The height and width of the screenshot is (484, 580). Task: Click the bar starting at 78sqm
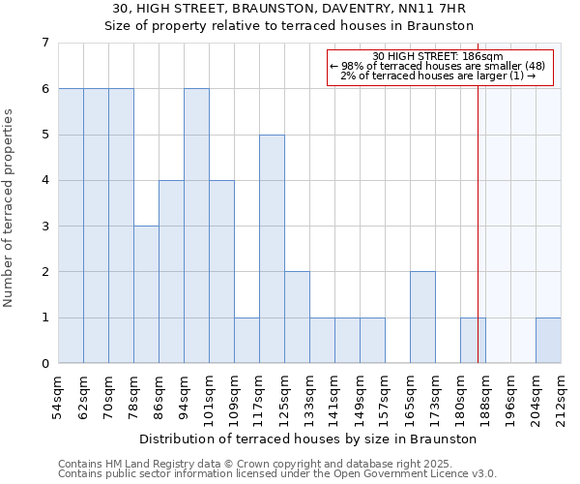[x=146, y=295]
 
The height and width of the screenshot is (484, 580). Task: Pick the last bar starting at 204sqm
[x=548, y=341]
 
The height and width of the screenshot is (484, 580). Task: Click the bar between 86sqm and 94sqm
[x=171, y=272]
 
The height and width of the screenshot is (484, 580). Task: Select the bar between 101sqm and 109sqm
[x=221, y=272]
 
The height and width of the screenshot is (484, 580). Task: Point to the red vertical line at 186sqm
[x=478, y=213]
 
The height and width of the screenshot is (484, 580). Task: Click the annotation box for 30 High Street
[x=440, y=68]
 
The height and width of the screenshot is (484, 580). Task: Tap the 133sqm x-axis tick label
[x=309, y=397]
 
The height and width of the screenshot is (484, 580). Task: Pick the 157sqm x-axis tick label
[x=385, y=397]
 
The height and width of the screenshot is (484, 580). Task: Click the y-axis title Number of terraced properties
[x=10, y=208]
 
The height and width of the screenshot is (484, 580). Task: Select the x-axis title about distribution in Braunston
[x=309, y=439]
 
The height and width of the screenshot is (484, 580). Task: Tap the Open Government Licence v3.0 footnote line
[x=276, y=474]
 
